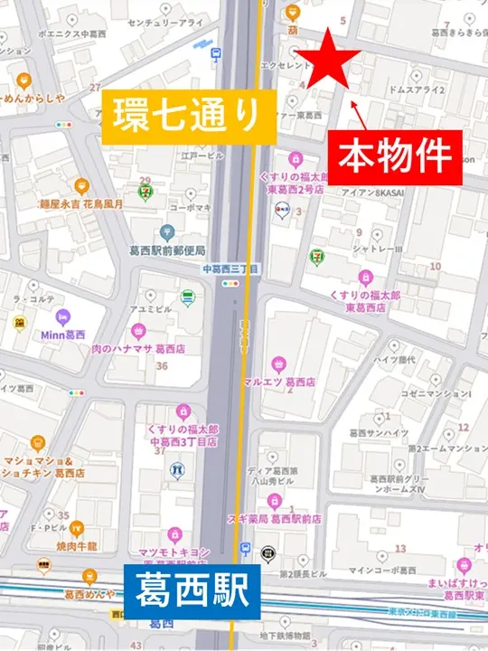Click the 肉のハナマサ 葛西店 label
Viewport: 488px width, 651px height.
[138, 350]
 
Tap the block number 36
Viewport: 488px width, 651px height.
[163, 366]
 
